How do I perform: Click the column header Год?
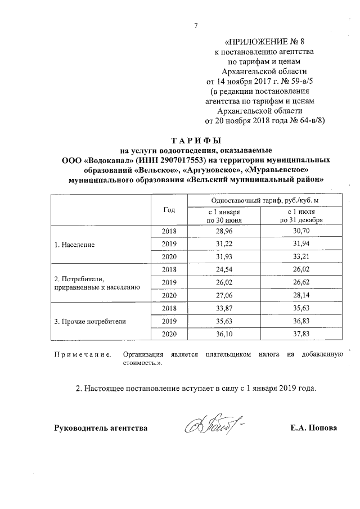coord(169,209)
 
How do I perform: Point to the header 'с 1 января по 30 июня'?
coord(223,215)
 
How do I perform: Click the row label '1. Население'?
coord(74,245)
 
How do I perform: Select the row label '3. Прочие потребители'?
coord(89,322)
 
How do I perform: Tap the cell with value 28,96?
coord(223,232)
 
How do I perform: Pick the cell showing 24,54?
coord(223,270)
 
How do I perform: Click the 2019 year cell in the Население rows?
coord(169,245)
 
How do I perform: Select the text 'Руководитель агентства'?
coord(101,428)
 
